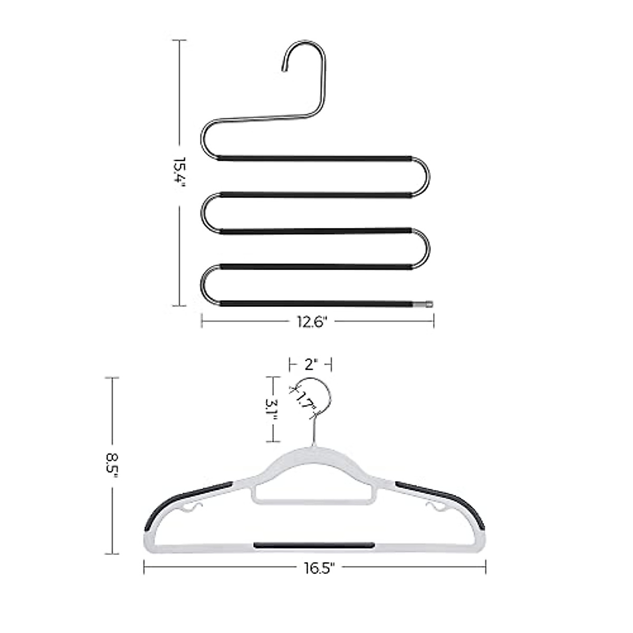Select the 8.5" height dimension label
(x=111, y=465)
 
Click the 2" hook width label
(x=310, y=364)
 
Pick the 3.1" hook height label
(x=272, y=409)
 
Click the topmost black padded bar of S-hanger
(x=315, y=158)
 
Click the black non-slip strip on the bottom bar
(x=314, y=545)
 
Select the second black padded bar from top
(x=315, y=195)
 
